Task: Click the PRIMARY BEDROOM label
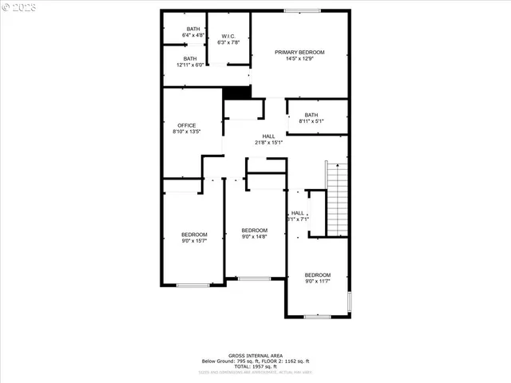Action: pyautogui.click(x=300, y=53)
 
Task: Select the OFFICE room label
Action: pyautogui.click(x=186, y=125)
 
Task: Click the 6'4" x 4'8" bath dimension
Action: pyautogui.click(x=193, y=36)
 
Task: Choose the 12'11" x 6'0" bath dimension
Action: pyautogui.click(x=190, y=65)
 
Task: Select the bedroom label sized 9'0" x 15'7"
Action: pyautogui.click(x=194, y=235)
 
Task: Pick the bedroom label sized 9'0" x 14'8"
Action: pyautogui.click(x=254, y=230)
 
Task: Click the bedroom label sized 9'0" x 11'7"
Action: pyautogui.click(x=317, y=275)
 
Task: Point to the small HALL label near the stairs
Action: pyautogui.click(x=297, y=213)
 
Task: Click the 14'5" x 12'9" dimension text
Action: pyautogui.click(x=300, y=59)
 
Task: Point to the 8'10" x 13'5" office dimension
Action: pyautogui.click(x=186, y=132)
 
